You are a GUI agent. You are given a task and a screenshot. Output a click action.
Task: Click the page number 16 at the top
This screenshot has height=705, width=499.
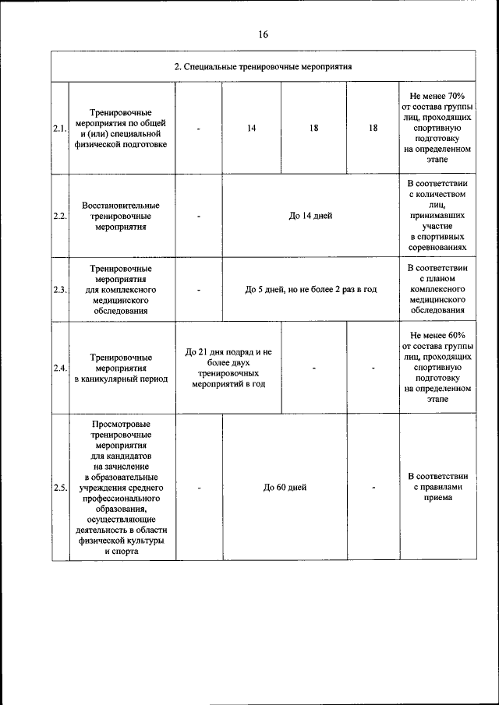263,34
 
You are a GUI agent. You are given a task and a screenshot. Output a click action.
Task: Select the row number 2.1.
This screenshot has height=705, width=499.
60,129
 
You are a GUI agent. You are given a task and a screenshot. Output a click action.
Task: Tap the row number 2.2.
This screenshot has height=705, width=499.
60,216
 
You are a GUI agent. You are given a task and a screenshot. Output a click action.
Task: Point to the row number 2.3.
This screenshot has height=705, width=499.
60,290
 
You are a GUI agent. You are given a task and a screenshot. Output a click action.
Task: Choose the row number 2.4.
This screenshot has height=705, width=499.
60,368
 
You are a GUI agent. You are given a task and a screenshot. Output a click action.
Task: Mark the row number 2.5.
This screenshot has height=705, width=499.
60,488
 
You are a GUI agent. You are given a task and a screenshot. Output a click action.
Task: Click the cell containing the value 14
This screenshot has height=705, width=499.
252,129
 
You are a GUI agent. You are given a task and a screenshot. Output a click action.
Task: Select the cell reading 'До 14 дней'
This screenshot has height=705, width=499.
310,216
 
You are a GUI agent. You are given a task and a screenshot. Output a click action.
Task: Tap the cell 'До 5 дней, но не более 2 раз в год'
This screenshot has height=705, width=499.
310,290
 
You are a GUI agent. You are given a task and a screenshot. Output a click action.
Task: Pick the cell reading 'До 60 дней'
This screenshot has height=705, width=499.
285,488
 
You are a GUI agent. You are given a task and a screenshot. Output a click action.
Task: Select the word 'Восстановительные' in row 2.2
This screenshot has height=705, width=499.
121,205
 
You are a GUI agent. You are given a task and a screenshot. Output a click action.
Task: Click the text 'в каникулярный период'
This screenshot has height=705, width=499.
121,379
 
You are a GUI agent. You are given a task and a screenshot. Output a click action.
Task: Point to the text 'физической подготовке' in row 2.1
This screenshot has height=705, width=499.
121,145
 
